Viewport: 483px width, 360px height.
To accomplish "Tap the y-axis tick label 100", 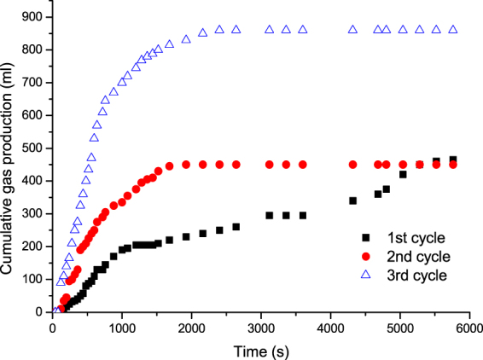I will click(x=35, y=279).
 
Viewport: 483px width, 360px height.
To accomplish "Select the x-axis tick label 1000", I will click(x=122, y=325).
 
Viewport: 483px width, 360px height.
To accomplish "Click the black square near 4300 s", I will click(x=352, y=200).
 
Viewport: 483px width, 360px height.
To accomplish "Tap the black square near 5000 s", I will click(x=403, y=174).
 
